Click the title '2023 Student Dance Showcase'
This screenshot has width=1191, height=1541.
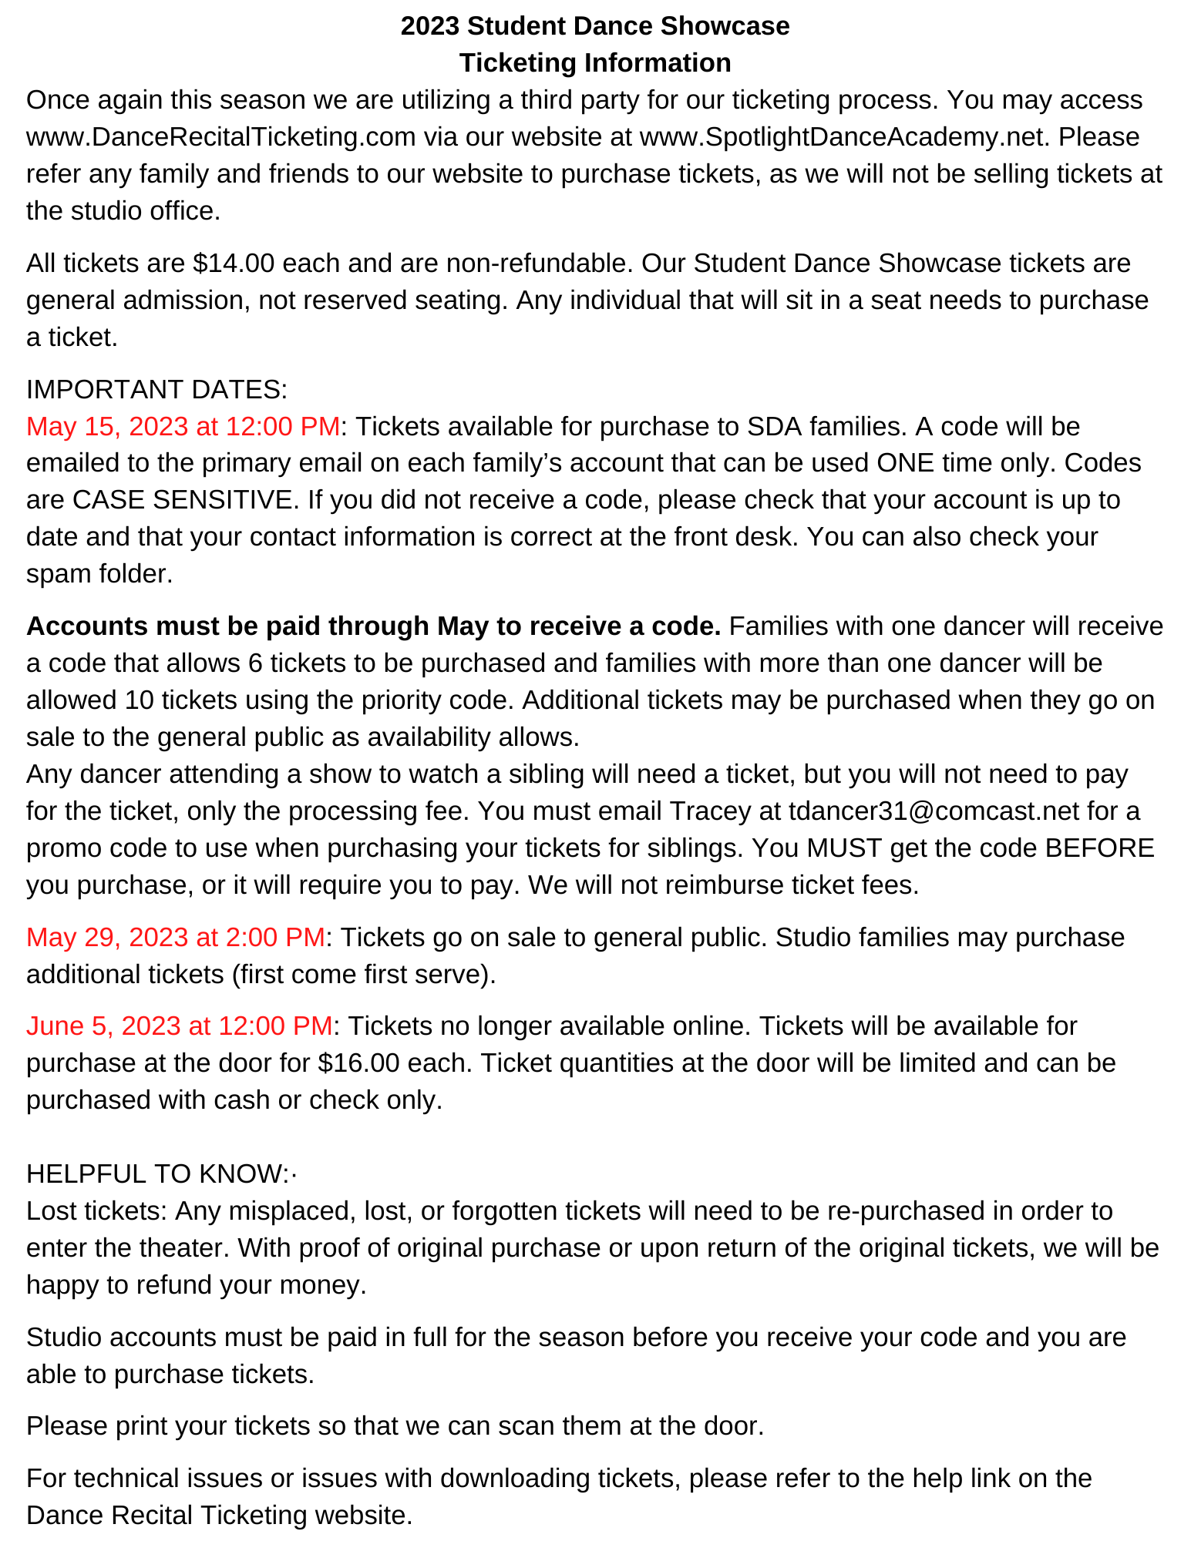click(x=594, y=26)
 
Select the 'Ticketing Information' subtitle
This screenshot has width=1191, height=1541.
click(x=594, y=63)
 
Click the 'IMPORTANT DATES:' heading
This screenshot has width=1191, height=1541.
click(x=156, y=390)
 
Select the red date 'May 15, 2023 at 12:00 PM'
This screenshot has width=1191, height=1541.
click(x=183, y=427)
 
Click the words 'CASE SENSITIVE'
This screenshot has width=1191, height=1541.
click(x=183, y=501)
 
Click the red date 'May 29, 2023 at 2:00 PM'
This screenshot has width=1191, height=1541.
click(x=175, y=938)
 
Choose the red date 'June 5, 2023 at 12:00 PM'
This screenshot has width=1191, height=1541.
click(x=179, y=1026)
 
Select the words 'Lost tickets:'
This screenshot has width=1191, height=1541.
click(x=96, y=1211)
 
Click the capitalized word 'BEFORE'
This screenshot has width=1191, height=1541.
click(x=1099, y=848)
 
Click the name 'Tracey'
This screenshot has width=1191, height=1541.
click(x=709, y=811)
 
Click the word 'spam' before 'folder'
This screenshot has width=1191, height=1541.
click(x=58, y=574)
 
